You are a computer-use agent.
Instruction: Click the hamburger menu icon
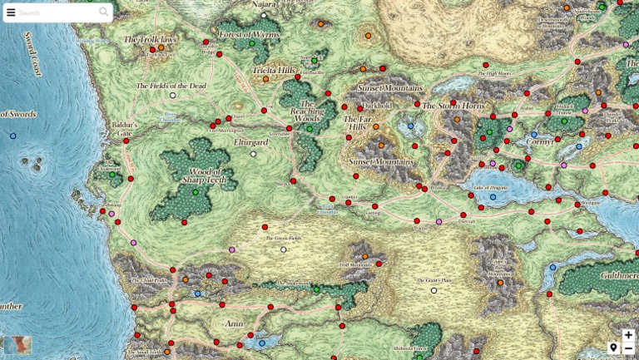tap(11, 12)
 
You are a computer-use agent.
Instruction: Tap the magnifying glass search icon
tap(103, 12)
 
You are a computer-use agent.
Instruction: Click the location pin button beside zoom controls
tap(613, 348)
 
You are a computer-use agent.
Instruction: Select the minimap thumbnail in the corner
tap(17, 345)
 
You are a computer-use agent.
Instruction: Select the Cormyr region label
tap(539, 141)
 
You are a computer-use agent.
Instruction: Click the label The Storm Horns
tap(453, 106)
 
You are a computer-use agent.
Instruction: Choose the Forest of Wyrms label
tap(249, 34)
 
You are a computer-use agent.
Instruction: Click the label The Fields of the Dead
tap(171, 86)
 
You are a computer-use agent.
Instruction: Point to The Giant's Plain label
tap(433, 280)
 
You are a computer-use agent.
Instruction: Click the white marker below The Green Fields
tap(283, 249)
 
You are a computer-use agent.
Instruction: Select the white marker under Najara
tap(264, 15)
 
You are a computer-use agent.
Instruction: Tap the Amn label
tap(234, 323)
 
